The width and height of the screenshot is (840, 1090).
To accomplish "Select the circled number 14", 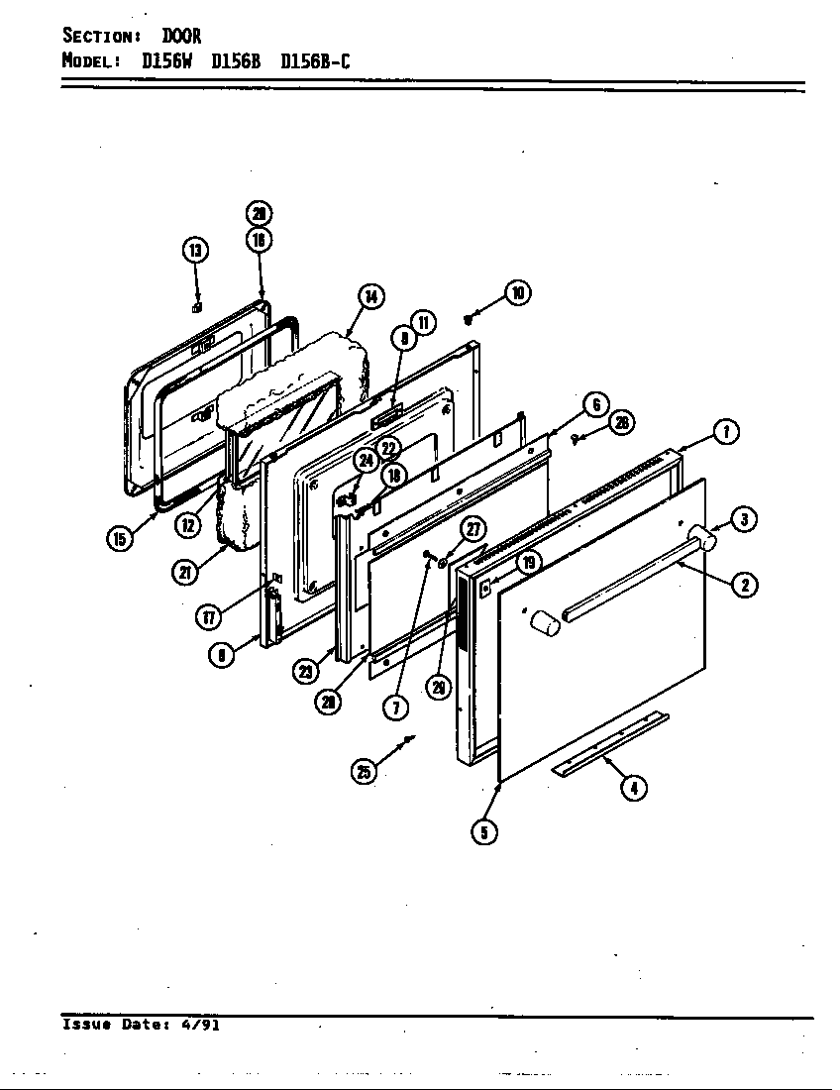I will pos(369,295).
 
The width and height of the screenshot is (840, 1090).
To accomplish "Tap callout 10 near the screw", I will pos(516,292).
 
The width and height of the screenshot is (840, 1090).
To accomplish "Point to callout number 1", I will pos(726,432).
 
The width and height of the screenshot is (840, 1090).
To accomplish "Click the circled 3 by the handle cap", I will pos(744,518).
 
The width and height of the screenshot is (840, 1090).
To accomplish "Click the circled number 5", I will pos(483,832).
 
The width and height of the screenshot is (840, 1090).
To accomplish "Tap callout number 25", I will pos(366,772).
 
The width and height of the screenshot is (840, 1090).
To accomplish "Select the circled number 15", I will pos(120,538).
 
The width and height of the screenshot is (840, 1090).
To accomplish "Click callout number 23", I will pos(305,671).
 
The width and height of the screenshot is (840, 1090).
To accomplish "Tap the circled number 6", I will pos(594,404).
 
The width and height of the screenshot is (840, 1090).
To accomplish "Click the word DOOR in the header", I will pos(182,37).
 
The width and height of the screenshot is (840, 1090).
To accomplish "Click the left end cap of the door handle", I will pos(543,622).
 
